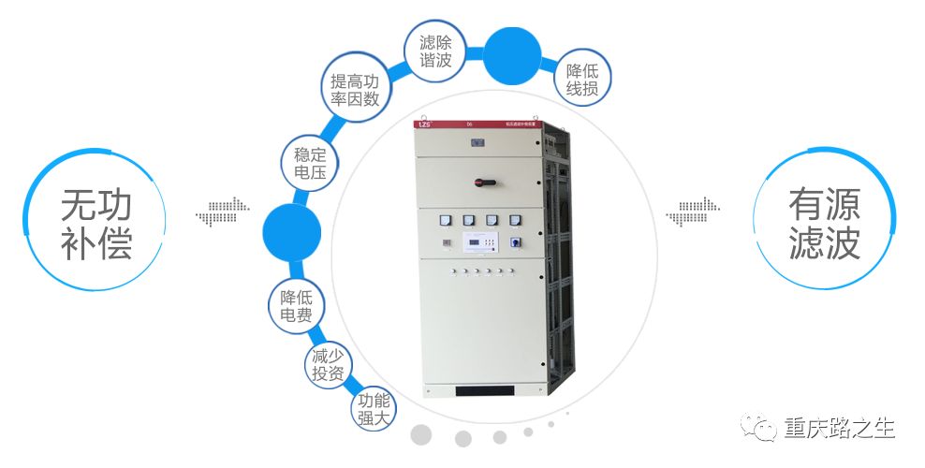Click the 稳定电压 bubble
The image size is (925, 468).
(309, 164)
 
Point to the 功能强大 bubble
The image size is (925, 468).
(373, 409)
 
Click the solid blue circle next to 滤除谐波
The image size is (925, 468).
(511, 54)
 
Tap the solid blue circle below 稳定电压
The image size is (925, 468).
(291, 232)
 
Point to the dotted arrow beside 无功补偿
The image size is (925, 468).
(223, 212)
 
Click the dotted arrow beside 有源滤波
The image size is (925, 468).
(693, 212)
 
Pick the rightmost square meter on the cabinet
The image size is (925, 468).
(514, 221)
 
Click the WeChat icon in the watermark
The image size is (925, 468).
(759, 430)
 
